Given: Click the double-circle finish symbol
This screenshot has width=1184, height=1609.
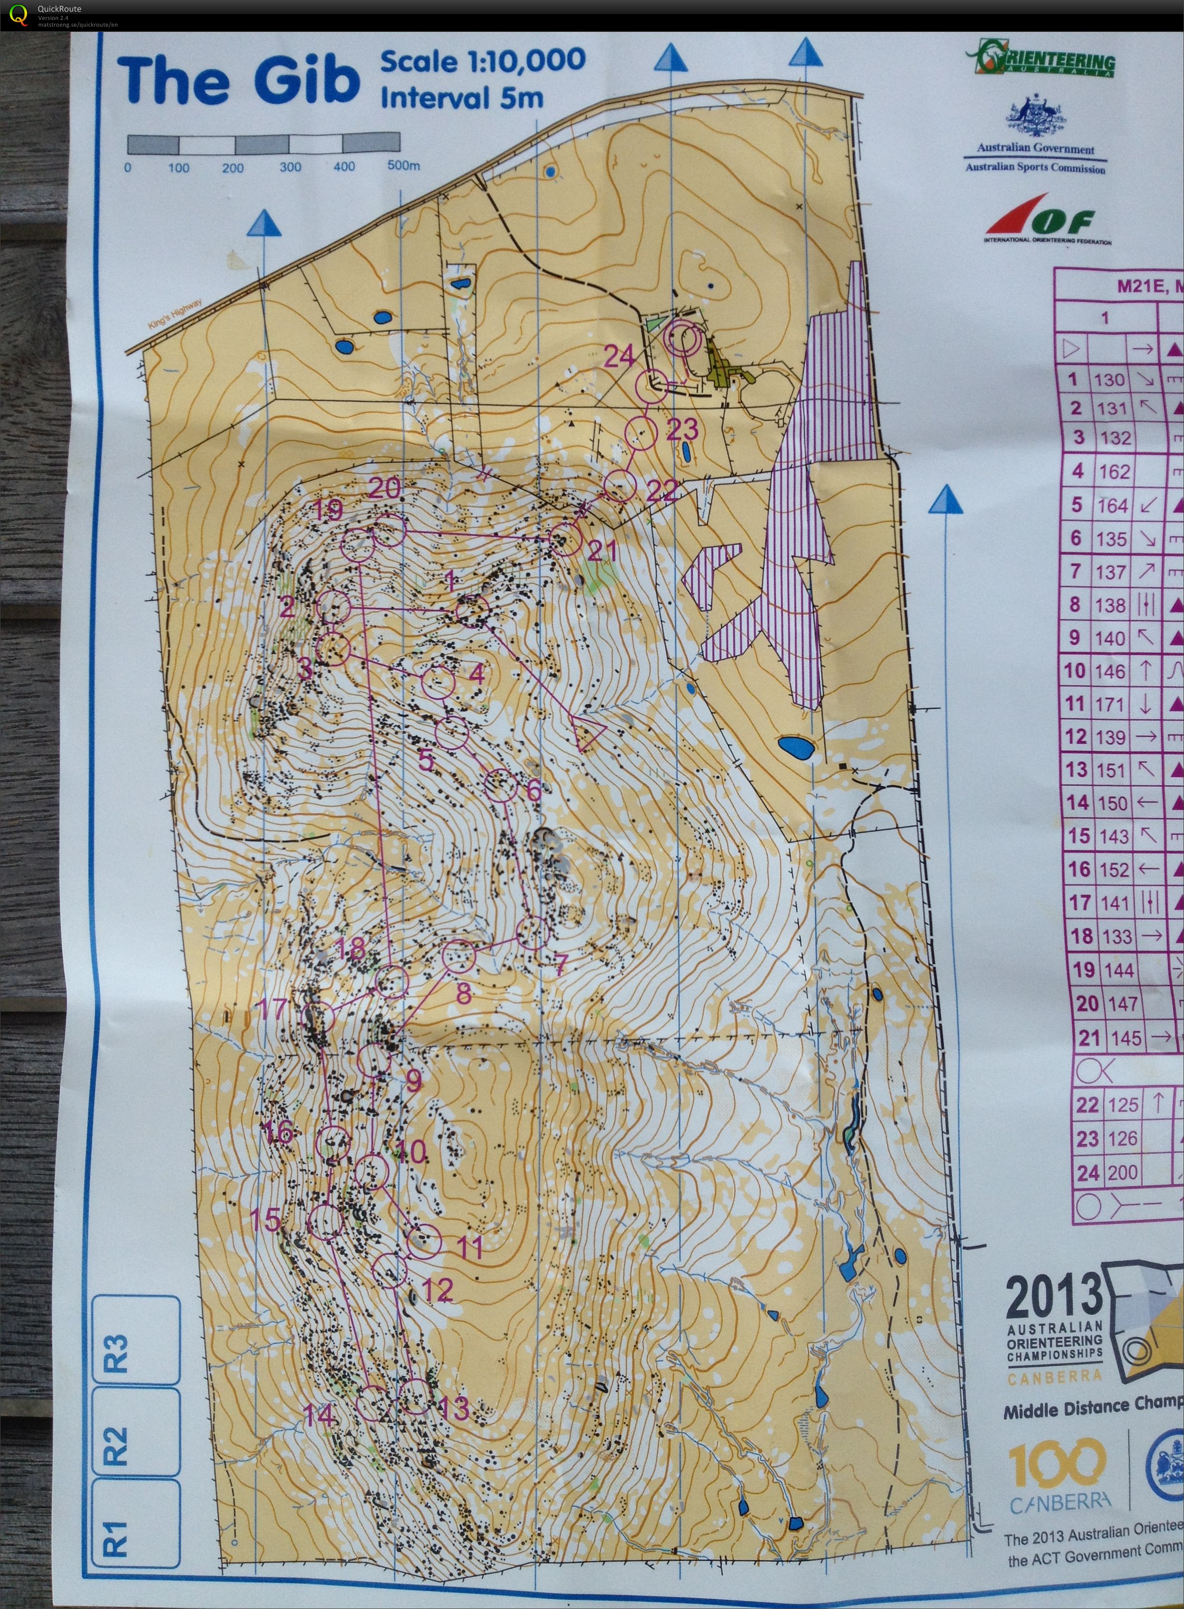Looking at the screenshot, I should [x=681, y=338].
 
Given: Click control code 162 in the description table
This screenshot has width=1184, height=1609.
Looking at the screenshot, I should [x=1113, y=471].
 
